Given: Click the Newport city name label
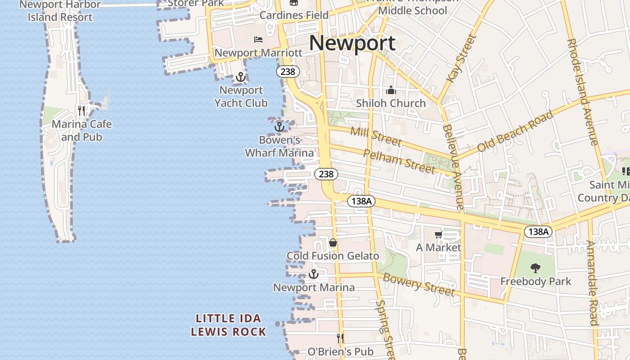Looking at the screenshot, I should click(x=352, y=43).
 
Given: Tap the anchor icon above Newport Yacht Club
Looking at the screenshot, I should click(x=241, y=77).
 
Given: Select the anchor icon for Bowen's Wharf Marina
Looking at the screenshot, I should click(x=279, y=127).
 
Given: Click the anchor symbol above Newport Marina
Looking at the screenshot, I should click(x=314, y=274).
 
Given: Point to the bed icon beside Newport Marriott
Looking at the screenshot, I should click(x=258, y=40).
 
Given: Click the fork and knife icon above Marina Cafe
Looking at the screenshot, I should click(x=81, y=110).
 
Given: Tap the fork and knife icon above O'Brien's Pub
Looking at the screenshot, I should click(x=341, y=338).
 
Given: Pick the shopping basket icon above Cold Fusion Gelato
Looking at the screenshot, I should click(x=333, y=243).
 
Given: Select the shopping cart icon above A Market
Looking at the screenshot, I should click(x=438, y=234).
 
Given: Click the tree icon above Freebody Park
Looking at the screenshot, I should click(x=535, y=268).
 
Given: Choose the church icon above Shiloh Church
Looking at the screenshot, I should click(x=391, y=90).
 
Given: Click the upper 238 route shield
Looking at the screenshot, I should click(x=288, y=72).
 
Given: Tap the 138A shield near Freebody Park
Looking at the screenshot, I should click(x=538, y=232).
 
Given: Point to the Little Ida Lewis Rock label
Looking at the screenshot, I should click(x=229, y=325).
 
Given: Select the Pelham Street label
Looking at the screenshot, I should click(x=399, y=161).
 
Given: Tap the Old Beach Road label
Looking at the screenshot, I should click(x=515, y=131).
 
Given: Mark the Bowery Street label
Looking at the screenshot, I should click(x=418, y=284).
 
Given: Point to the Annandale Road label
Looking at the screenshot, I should click(x=594, y=283).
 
